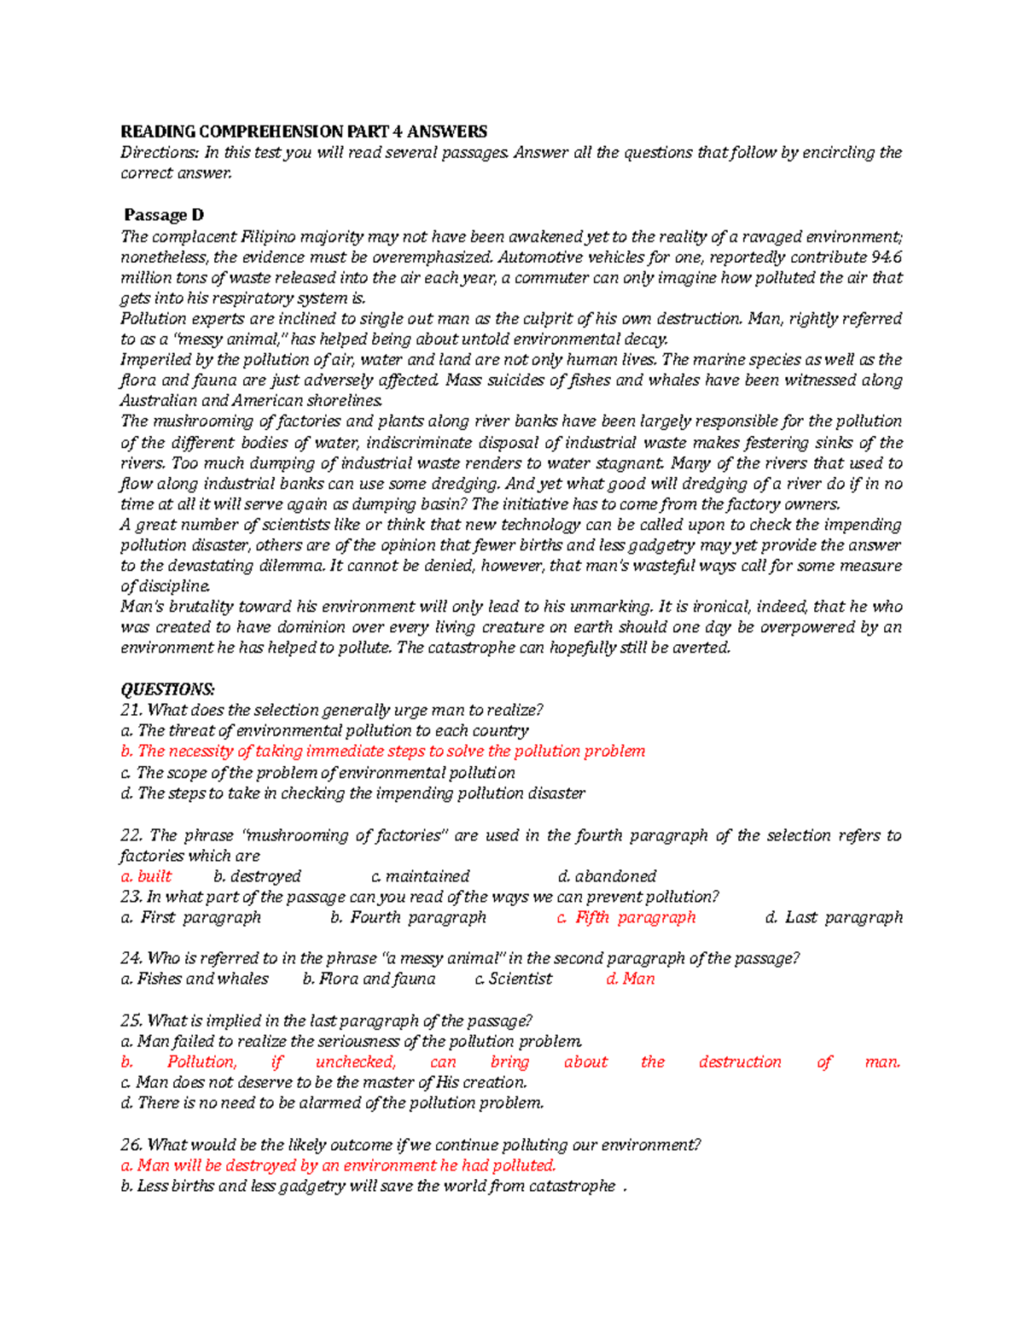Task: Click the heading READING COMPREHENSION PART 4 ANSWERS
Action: coord(303,131)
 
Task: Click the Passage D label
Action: coord(163,215)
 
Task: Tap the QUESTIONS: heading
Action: coord(167,689)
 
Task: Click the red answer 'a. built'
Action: coord(146,876)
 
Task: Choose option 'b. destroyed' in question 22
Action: coord(257,876)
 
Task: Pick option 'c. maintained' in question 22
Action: coord(421,876)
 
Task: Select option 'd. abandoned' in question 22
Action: coord(607,876)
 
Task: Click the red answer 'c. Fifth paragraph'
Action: coord(625,917)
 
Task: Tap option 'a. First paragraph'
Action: coord(190,917)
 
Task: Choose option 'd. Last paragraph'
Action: coord(834,917)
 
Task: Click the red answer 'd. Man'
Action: coord(630,979)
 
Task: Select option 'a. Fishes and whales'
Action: coord(195,979)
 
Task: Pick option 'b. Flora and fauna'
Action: coord(369,979)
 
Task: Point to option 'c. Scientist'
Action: coord(513,979)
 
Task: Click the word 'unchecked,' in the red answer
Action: coord(356,1062)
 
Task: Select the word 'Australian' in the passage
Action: coord(159,401)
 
